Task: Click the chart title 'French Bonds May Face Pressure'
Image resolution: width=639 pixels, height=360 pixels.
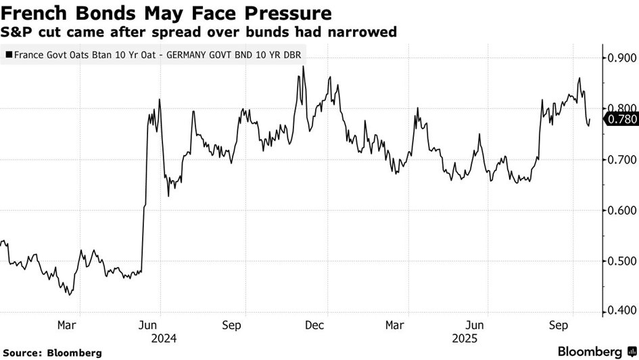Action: [168, 13]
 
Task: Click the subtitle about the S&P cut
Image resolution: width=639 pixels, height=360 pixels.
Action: [199, 32]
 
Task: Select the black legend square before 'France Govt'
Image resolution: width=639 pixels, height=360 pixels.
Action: [8, 53]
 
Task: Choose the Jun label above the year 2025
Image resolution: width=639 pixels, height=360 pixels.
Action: [477, 325]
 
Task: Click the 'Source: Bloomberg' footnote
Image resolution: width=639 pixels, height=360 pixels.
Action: [53, 353]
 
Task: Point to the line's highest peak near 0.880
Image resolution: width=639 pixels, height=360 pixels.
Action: [303, 66]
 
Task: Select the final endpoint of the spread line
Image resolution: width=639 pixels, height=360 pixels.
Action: [590, 120]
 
